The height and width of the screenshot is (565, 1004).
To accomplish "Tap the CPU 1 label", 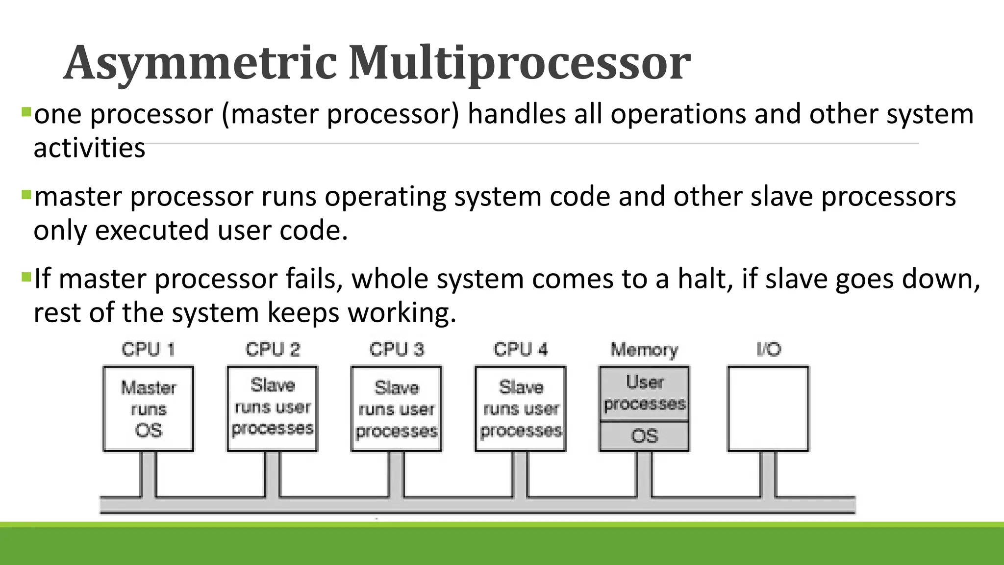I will tap(149, 350).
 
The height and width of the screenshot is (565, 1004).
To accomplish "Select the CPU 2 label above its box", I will tap(273, 350).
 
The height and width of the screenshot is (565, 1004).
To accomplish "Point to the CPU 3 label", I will tap(397, 350).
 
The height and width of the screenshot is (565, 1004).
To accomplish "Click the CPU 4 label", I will tap(521, 350).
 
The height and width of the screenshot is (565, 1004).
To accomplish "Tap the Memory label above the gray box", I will tap(644, 350).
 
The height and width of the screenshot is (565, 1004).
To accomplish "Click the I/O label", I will tap(768, 350).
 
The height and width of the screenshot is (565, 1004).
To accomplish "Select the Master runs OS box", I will tap(149, 409).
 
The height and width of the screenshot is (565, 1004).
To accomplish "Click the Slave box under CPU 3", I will tap(397, 409).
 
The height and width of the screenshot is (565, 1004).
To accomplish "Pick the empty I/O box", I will tap(768, 409).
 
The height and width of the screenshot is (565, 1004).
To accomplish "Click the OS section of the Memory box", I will tap(644, 436).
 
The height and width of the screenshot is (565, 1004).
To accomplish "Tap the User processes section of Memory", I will tap(644, 393).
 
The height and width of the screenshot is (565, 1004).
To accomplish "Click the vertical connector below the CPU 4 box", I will tap(521, 474).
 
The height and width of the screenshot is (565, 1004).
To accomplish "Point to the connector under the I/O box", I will tap(768, 474).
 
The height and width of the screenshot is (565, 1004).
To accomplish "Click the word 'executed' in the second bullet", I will tap(152, 230).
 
